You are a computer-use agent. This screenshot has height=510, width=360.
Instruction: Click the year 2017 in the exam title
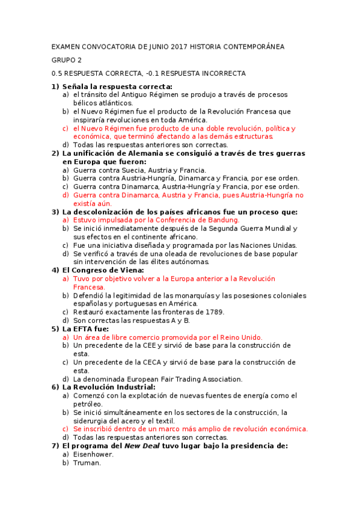pos(180,46)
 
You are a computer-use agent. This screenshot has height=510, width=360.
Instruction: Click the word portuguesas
pos(130,304)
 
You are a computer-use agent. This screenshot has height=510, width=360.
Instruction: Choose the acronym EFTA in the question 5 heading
pos(84,328)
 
